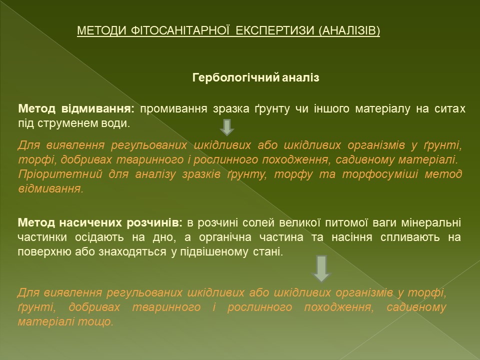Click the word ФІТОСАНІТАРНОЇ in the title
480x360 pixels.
click(x=180, y=30)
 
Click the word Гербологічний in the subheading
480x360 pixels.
click(x=235, y=78)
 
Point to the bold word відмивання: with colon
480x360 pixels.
click(x=98, y=108)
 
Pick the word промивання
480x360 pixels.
click(x=173, y=109)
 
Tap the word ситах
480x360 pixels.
click(x=449, y=108)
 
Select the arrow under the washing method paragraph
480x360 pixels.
click(x=227, y=127)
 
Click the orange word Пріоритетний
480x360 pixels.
click(x=60, y=174)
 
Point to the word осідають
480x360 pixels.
click(x=99, y=237)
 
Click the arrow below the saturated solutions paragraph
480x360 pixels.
click(x=321, y=269)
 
